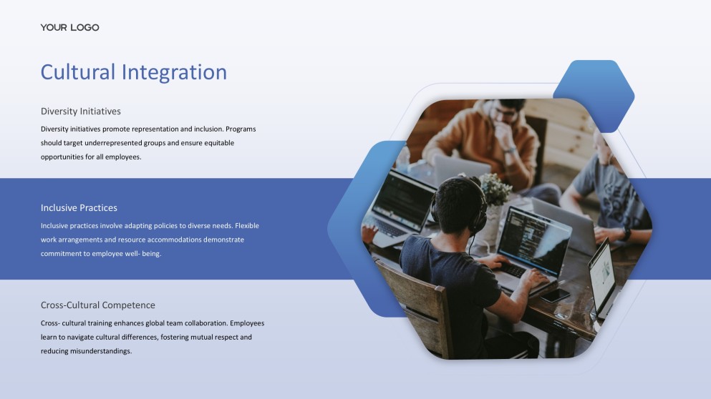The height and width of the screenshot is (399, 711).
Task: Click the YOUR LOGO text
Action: pyautogui.click(x=70, y=28)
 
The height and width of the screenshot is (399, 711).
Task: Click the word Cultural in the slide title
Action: pyautogui.click(x=78, y=72)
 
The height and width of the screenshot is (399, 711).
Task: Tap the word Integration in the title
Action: pyautogui.click(x=174, y=72)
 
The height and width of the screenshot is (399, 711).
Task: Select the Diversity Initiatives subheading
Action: pyautogui.click(x=81, y=112)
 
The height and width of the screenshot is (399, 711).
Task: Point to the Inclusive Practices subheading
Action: pyautogui.click(x=79, y=208)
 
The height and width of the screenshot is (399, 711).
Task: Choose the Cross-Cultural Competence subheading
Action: pyautogui.click(x=98, y=305)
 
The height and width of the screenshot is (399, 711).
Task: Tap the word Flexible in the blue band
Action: pyautogui.click(x=247, y=225)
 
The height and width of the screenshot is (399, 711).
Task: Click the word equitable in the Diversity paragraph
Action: pyautogui.click(x=219, y=143)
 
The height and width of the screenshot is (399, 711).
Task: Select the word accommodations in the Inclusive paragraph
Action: pyautogui.click(x=174, y=240)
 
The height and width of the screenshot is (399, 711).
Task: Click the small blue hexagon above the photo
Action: pyautogui.click(x=594, y=96)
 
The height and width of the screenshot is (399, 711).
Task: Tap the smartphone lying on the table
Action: pyautogui.click(x=555, y=295)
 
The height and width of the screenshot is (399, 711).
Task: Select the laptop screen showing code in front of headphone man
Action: pyautogui.click(x=534, y=240)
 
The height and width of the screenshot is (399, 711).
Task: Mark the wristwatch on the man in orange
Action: pyautogui.click(x=509, y=150)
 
